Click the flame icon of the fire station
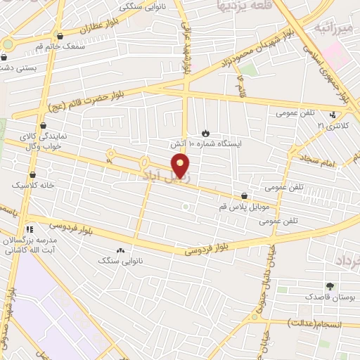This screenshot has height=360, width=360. pyautogui.click(x=205, y=133)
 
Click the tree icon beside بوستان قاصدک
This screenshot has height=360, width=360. pyautogui.click(x=329, y=285)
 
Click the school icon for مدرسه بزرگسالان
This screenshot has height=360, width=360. pyautogui.click(x=29, y=229)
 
